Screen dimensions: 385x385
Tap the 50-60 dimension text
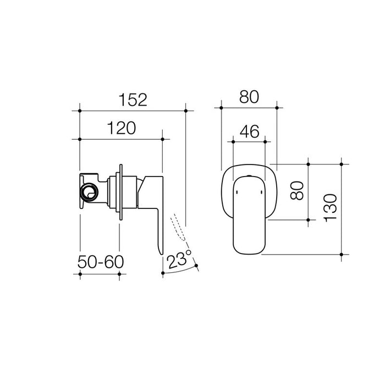pos(100,261)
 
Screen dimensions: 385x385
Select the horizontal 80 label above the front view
pos(249,97)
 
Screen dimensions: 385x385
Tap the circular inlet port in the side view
pos(88,192)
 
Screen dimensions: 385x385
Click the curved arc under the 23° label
pos(182,271)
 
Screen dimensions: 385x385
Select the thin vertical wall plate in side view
pos(119,192)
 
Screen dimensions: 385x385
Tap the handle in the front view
pos(249,215)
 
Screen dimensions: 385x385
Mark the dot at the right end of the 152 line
pos(186,111)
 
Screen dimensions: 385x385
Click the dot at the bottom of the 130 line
pos(342,255)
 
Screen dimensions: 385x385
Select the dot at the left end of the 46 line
pos(234,142)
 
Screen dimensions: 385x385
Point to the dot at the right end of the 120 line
pos(163,140)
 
